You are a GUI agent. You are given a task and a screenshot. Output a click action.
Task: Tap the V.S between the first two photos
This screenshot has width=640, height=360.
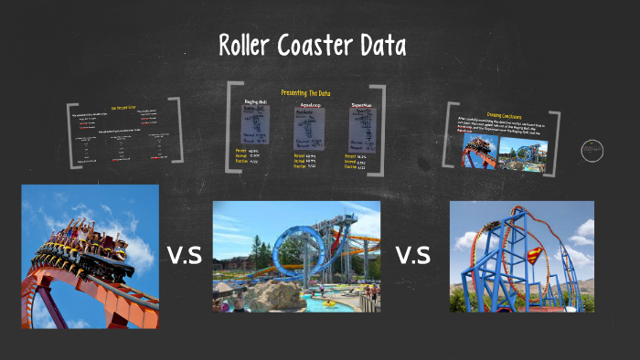click(185, 255)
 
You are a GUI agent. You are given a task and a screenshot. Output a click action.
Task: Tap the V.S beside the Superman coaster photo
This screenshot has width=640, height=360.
click(413, 255)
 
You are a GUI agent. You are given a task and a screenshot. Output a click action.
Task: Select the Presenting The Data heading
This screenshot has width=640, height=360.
click(305, 93)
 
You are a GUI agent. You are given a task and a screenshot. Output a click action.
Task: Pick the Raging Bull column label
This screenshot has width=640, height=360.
click(255, 101)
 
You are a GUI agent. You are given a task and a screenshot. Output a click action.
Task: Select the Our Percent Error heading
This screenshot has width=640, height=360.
click(124, 108)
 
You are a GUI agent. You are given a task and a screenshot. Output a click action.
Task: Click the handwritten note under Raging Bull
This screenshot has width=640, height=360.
click(254, 124)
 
